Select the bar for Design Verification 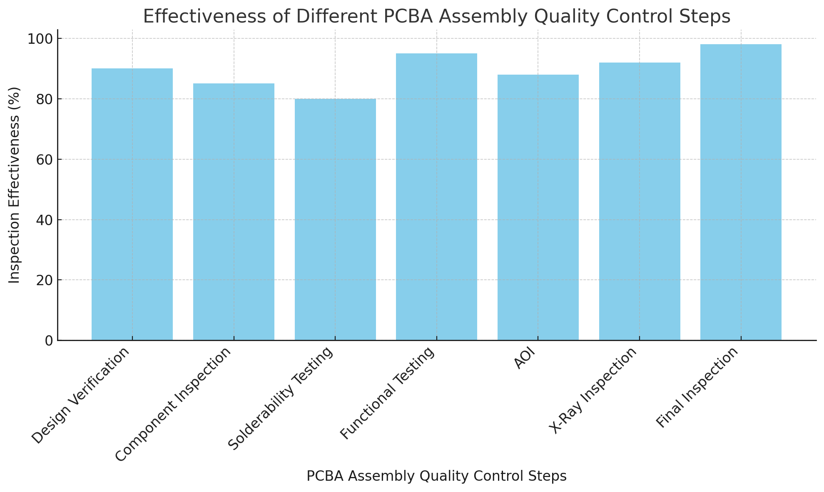(132, 204)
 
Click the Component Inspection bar (234, 212)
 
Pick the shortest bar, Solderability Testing (335, 219)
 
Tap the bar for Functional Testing (436, 197)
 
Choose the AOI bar (538, 207)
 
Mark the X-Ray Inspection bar (640, 201)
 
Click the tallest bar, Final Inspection (741, 192)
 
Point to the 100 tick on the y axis (40, 39)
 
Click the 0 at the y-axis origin (49, 341)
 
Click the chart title (436, 17)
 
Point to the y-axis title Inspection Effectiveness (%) (15, 185)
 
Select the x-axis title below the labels (436, 476)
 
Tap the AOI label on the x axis (524, 359)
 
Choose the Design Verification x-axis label (81, 395)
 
